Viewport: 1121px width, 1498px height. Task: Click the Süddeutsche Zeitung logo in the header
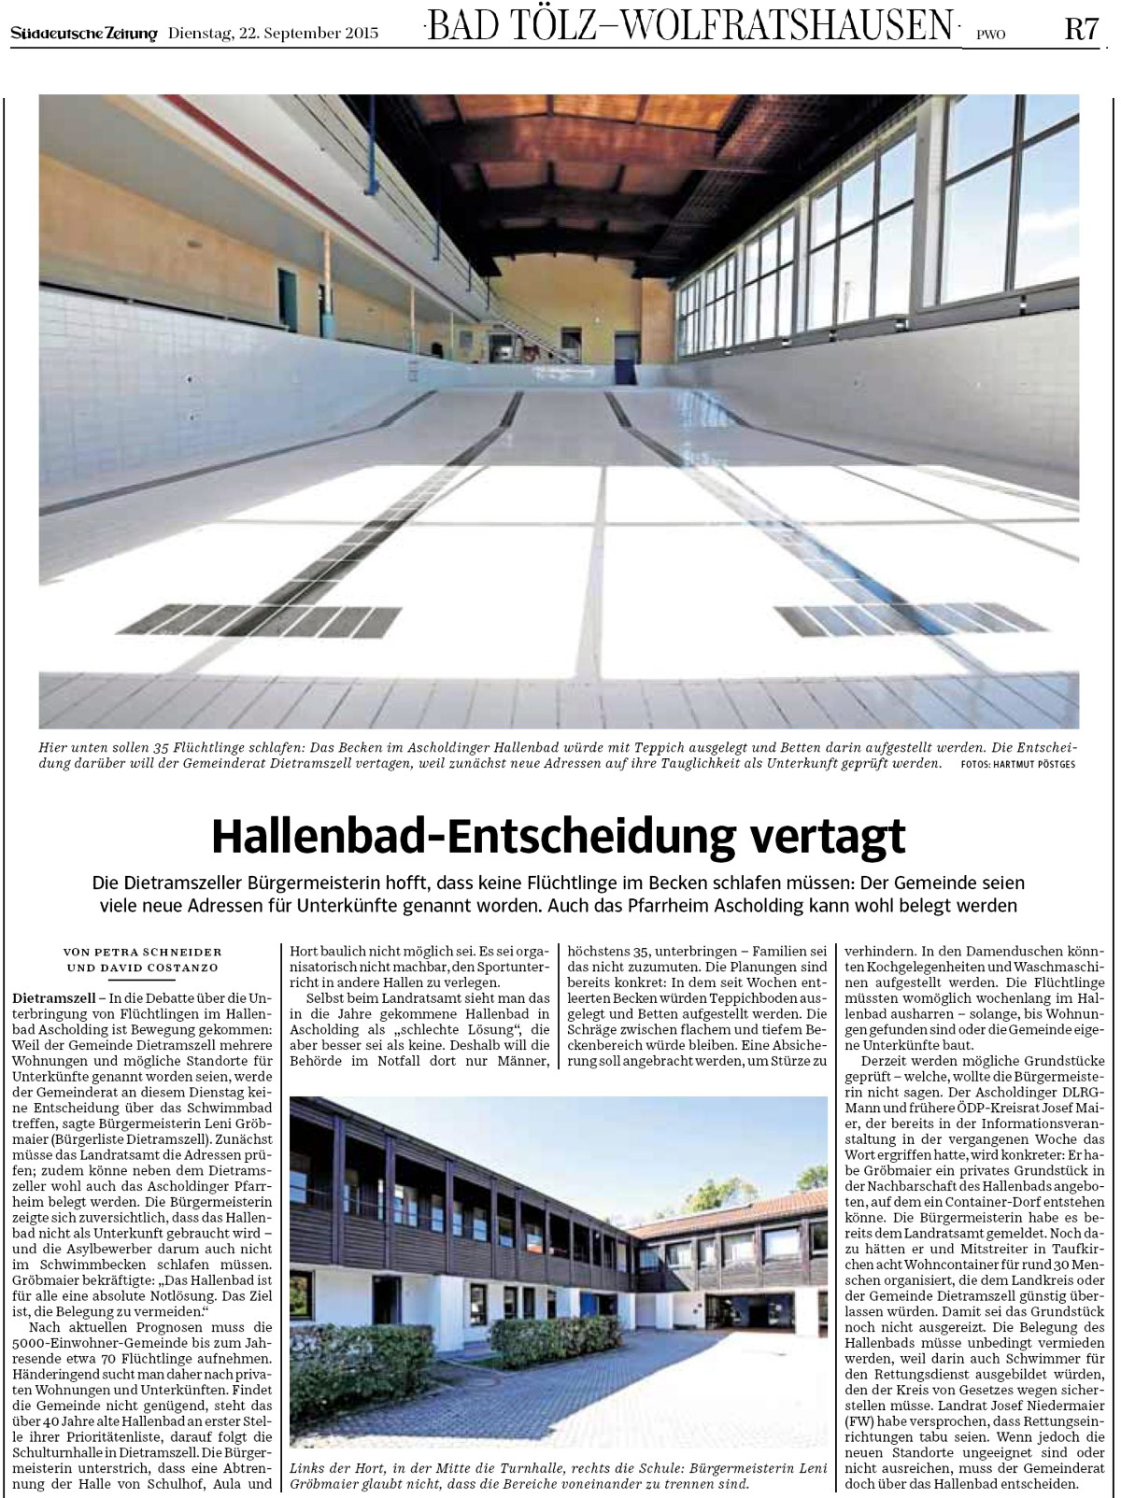(x=84, y=34)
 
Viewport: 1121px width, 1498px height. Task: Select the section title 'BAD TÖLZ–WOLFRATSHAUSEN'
(x=691, y=26)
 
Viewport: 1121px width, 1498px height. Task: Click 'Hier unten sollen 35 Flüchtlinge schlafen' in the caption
(x=168, y=747)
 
